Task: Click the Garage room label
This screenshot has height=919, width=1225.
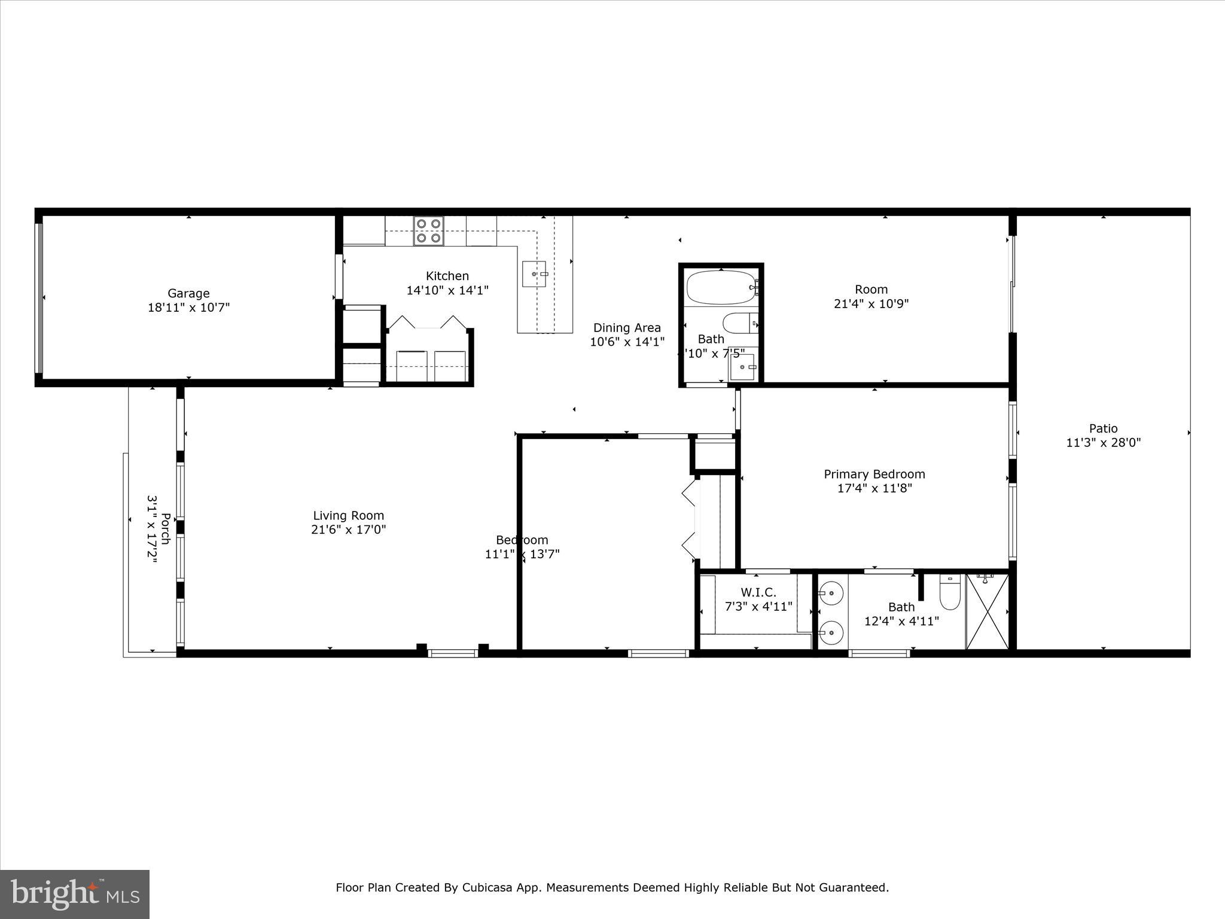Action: coord(188,294)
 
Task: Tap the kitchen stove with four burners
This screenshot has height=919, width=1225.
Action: coord(429,230)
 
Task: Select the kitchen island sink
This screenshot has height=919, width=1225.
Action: coord(534,273)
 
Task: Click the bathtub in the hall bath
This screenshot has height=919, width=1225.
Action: coord(721,288)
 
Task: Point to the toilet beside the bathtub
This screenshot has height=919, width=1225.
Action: coord(739,324)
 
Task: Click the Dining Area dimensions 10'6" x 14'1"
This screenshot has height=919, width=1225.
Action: coord(627,342)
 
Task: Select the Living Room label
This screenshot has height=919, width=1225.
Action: coord(348,516)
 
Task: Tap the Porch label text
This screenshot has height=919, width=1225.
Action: coord(166,529)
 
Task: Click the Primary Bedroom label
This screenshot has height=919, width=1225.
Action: coord(874,474)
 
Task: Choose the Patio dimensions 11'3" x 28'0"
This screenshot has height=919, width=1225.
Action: coord(1103,443)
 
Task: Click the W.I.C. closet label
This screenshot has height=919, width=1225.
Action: coord(758,592)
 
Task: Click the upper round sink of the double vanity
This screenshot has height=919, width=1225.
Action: coord(831,594)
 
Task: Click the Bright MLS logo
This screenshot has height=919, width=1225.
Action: coord(74,894)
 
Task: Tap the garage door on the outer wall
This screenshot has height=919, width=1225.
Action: coord(39,297)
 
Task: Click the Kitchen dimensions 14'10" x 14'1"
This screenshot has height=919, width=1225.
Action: coord(447,291)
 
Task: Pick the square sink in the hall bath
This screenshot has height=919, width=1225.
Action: coord(742,367)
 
